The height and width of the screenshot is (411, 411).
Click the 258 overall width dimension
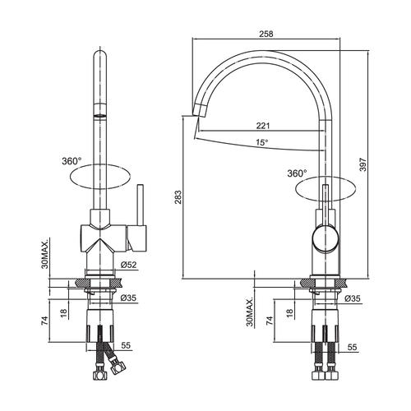pos(266,34)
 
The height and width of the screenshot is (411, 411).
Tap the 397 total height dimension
pos(363,164)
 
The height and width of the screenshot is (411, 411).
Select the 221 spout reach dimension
pos(263,126)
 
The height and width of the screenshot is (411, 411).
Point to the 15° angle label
pos(262,142)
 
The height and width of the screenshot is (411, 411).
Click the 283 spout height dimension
pos(178,197)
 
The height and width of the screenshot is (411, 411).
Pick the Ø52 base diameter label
pos(128,265)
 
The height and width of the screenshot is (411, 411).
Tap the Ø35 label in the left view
pos(128,298)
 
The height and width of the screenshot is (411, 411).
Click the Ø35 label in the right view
pos(353,298)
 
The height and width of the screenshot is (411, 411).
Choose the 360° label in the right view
pos(297,173)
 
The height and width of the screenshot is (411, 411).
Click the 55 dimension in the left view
pos(126,345)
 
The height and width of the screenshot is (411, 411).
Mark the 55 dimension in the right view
pos(353,347)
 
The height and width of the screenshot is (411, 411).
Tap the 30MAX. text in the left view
pos(45,253)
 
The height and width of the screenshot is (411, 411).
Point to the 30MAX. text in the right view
pos(250,312)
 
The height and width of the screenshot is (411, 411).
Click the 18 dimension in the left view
pos(63,313)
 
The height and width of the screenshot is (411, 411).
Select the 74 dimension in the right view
pos(270,321)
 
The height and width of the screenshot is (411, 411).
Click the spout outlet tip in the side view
pos(198,112)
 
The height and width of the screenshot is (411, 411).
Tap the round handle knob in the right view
pos(326,238)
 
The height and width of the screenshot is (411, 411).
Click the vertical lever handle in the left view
pos(141,205)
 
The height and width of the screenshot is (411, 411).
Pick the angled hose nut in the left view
pos(118,367)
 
